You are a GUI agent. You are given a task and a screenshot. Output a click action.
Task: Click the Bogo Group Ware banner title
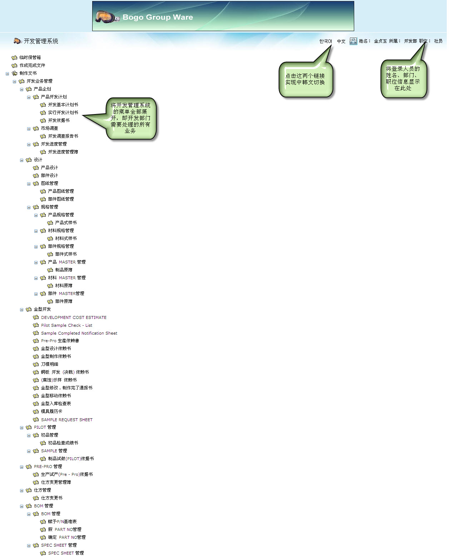[158, 17]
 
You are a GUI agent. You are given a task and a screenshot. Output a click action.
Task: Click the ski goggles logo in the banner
[107, 16]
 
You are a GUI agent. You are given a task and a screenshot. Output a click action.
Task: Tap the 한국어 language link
[325, 41]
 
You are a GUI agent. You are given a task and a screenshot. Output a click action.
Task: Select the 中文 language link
[341, 41]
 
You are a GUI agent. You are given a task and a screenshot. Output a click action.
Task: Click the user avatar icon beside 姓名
[353, 41]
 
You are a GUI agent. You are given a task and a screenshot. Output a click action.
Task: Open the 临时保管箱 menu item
[30, 58]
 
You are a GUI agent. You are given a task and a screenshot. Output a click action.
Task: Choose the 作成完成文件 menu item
[32, 65]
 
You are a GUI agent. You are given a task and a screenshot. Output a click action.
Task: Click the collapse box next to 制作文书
[7, 74]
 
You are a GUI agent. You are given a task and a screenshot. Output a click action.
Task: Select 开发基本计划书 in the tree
[63, 105]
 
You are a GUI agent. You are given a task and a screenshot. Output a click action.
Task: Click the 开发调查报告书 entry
[63, 136]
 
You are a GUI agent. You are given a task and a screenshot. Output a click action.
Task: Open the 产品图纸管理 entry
[61, 191]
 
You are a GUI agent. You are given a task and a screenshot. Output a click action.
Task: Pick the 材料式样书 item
[66, 238]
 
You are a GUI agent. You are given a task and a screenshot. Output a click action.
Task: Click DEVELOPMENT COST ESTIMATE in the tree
[74, 317]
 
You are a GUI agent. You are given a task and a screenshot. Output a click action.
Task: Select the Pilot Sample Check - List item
[66, 325]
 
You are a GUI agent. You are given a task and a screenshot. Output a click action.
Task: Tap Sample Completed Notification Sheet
[79, 333]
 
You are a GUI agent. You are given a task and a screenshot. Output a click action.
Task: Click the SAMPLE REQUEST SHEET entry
[66, 420]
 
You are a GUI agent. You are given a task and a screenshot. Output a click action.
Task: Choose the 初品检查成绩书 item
[63, 443]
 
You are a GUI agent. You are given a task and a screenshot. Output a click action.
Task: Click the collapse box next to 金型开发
[21, 310]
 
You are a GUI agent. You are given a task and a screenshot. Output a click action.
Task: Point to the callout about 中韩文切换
[305, 79]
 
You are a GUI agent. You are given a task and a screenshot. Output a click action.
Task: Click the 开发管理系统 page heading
[41, 41]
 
